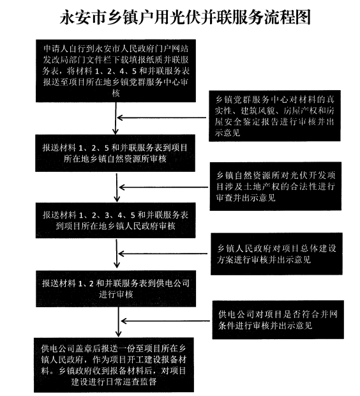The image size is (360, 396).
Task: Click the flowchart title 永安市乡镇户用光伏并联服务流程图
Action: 185,17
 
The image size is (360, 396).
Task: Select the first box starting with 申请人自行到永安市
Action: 116,71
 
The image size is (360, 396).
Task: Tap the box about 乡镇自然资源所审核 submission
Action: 115,153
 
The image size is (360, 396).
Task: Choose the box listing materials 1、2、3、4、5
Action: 116,220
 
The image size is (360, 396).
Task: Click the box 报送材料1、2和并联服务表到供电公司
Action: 116,289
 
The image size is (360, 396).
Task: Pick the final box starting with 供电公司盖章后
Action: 114,365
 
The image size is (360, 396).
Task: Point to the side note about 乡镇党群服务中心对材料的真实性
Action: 274,116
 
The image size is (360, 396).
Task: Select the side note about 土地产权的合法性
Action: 276,186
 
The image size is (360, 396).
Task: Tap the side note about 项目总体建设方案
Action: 276,254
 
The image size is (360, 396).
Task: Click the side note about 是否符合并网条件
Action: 278,320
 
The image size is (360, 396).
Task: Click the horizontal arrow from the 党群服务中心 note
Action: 161,118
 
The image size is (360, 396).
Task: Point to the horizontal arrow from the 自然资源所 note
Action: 163,187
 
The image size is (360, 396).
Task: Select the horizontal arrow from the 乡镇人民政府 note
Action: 163,254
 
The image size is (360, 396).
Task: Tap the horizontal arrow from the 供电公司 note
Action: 165,321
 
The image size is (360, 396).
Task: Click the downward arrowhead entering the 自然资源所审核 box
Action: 116,132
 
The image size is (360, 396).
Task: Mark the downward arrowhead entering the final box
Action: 118,334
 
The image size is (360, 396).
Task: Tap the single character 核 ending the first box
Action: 116,93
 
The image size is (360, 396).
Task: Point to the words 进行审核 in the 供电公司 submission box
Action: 116,294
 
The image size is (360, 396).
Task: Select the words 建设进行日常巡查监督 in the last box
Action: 114,381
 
